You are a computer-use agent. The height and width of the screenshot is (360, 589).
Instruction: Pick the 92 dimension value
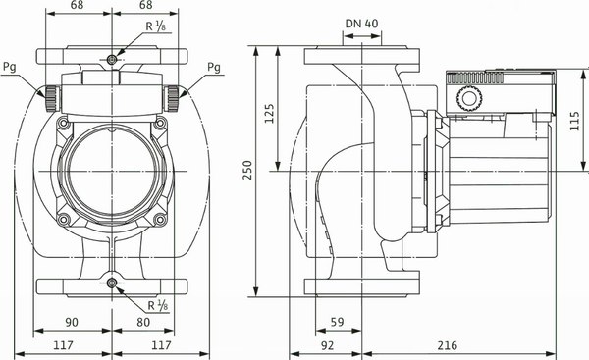pyautogui.click(x=328, y=345)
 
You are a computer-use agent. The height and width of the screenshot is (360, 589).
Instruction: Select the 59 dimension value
pyautogui.click(x=336, y=320)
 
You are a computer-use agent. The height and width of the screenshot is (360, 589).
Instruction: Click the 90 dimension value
pyautogui.click(x=73, y=320)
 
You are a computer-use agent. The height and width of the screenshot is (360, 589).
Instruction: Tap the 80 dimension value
pyautogui.click(x=143, y=320)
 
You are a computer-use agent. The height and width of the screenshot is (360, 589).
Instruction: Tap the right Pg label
pyautogui.click(x=214, y=67)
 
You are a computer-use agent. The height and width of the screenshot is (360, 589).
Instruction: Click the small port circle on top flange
pyautogui.click(x=113, y=60)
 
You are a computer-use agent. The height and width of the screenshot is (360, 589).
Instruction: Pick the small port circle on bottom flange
pyautogui.click(x=113, y=283)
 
